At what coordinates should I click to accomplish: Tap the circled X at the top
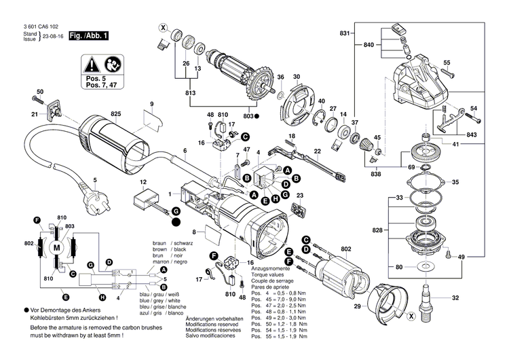(162, 28)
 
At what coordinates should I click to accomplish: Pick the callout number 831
(345, 33)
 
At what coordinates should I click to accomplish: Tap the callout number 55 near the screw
(447, 63)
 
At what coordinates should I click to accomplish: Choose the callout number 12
(143, 183)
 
